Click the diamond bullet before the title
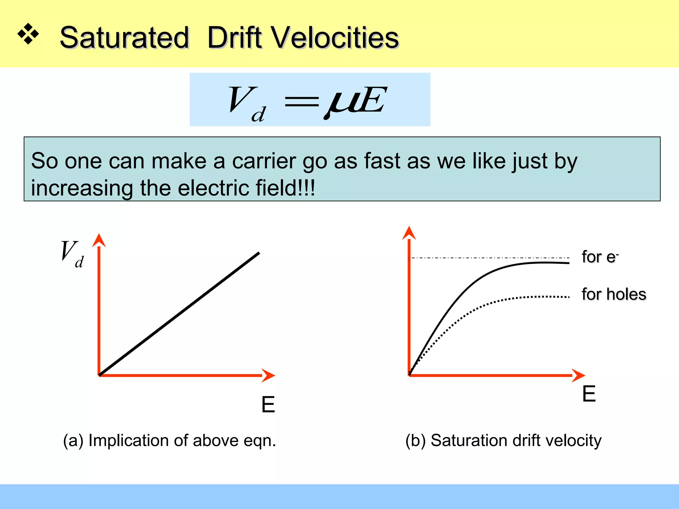coord(28,34)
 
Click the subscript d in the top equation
coord(259,115)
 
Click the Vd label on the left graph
coord(72,254)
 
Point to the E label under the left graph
coord(268,405)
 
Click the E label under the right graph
coord(589,394)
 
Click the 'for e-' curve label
coord(600,257)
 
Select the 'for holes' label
coord(614,294)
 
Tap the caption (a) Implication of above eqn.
coord(169,441)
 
